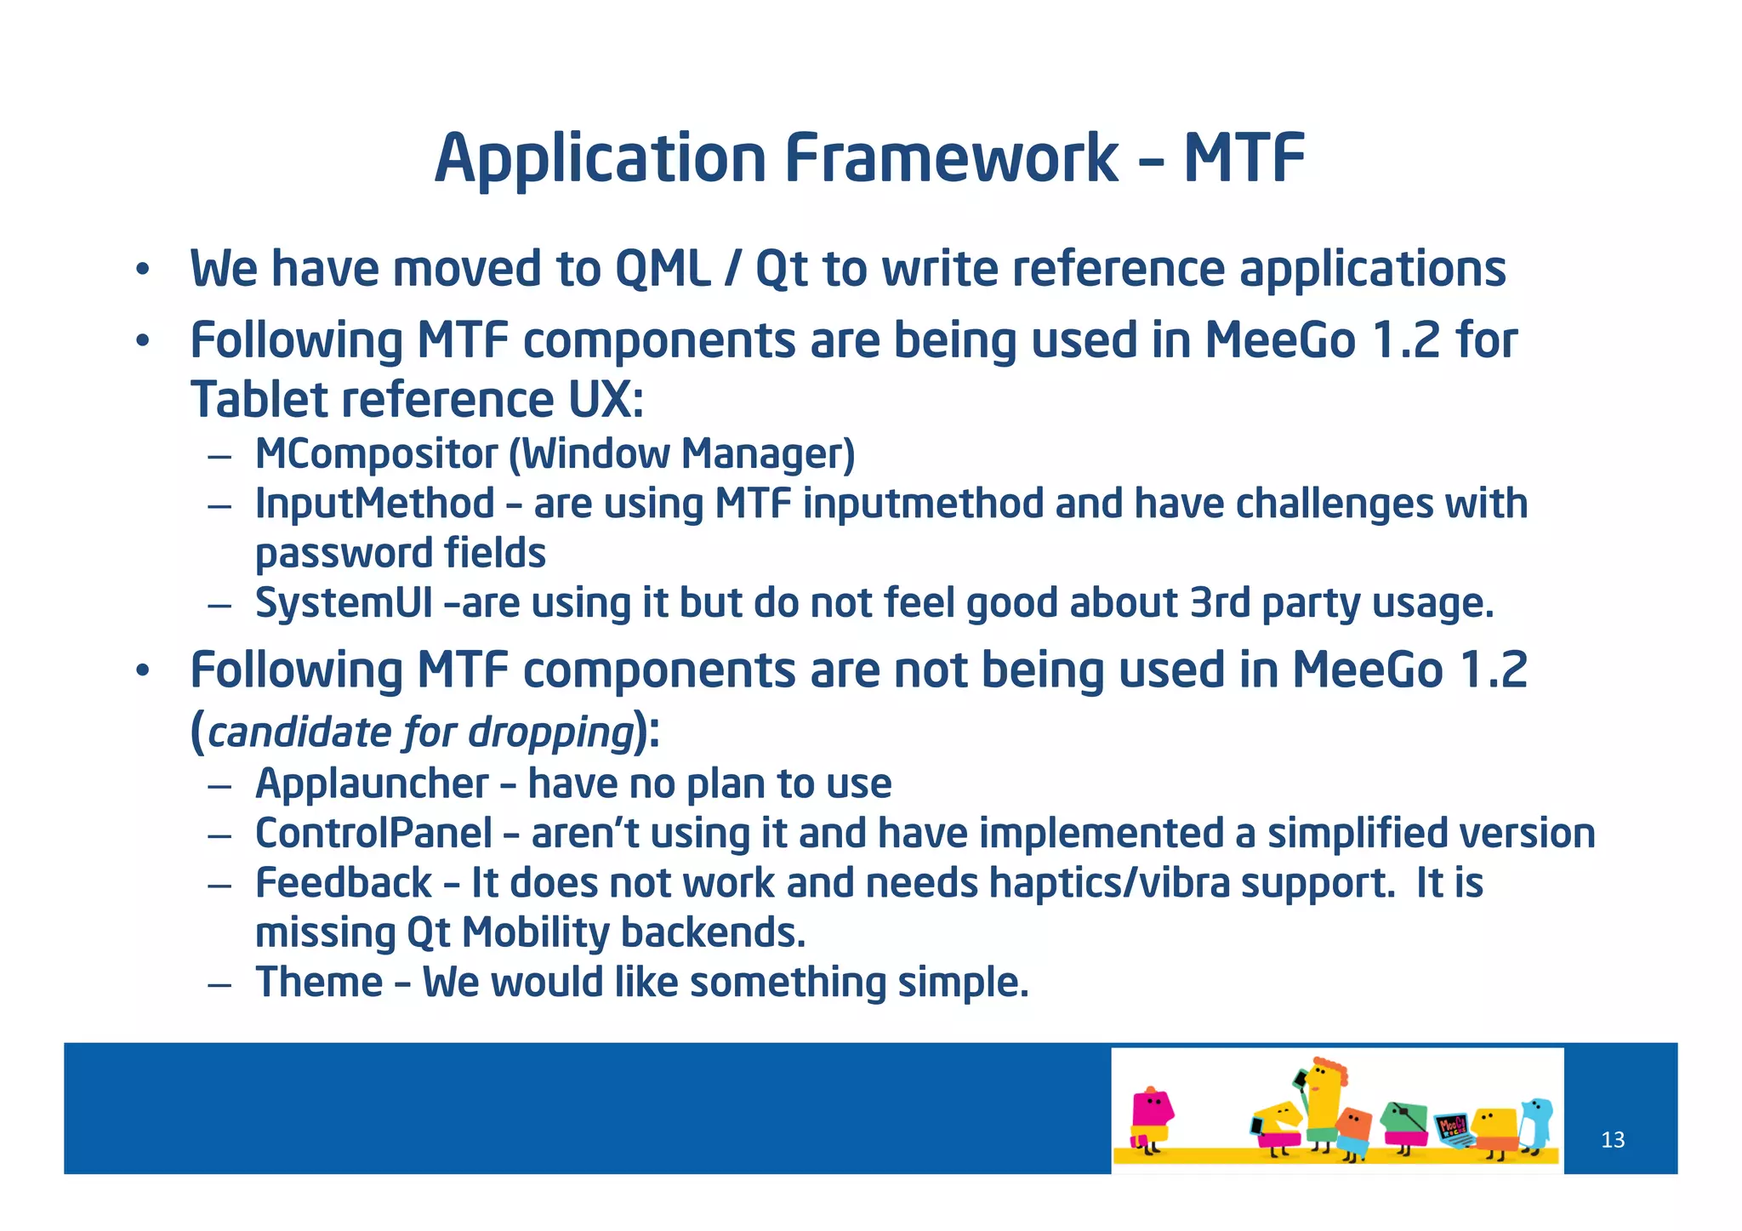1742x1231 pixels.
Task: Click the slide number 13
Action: pos(1612,1140)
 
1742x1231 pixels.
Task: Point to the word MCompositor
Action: pos(375,454)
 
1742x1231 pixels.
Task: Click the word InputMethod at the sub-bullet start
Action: pos(374,504)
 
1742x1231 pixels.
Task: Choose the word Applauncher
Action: pos(372,784)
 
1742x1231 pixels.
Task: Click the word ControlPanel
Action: pos(373,833)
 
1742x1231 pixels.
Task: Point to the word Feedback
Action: pos(344,883)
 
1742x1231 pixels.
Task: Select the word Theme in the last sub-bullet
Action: pos(319,983)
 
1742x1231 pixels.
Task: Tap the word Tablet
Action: pos(259,400)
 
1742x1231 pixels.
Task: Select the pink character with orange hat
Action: pos(1151,1116)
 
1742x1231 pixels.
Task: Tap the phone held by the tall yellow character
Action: pos(1300,1080)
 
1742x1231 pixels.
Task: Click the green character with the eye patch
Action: pos(1404,1121)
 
